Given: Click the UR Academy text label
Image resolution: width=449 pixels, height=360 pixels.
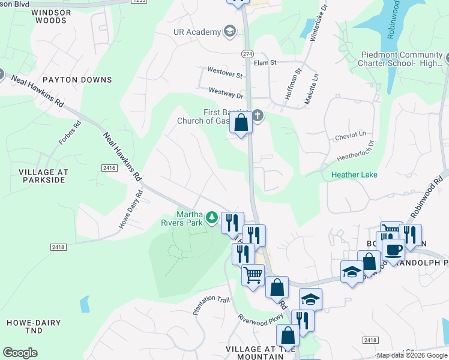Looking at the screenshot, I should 197,32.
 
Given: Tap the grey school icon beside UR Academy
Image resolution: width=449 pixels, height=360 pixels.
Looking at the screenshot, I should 229,31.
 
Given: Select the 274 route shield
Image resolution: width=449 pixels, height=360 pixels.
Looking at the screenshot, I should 247,53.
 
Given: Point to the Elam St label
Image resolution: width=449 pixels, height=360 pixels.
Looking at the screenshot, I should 264,62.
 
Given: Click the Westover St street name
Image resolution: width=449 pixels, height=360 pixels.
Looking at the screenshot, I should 225,76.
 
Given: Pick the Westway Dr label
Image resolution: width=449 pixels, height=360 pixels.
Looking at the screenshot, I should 225,94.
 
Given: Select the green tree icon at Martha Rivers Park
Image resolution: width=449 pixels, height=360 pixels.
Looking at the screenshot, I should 211,217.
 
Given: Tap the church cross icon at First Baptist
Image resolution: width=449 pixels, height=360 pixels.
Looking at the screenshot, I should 258,115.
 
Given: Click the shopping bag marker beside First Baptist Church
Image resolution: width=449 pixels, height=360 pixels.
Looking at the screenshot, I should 241,123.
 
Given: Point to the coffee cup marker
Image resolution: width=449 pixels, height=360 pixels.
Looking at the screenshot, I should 393,249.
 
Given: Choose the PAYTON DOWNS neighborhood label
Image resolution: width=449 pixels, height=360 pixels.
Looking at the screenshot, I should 77,80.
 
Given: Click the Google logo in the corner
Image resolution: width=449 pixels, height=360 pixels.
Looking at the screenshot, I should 20,353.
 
